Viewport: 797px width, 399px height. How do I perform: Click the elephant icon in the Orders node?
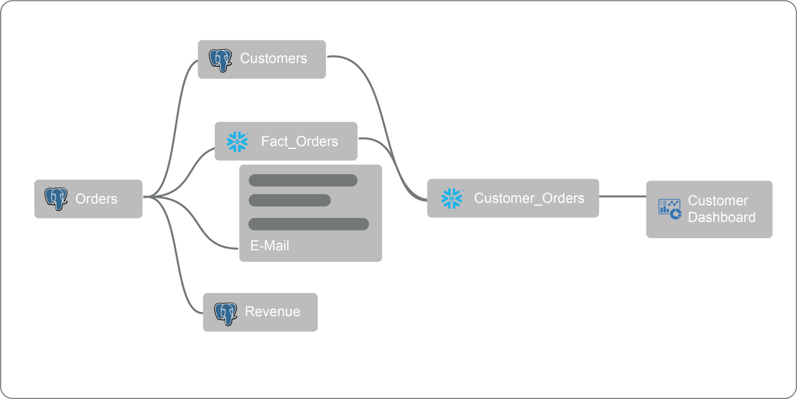coord(56,199)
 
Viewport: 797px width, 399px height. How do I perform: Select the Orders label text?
coord(96,199)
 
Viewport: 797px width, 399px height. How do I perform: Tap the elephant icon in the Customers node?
coord(220,60)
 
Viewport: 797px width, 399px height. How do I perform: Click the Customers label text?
coord(273,58)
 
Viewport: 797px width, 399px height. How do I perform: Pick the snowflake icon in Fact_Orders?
coord(237,142)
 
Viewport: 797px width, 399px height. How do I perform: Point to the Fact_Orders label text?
coord(299,142)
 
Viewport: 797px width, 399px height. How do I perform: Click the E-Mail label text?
coord(269,246)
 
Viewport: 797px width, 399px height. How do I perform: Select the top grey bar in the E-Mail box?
coord(303,180)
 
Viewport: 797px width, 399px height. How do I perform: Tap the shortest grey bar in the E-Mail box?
coord(290,200)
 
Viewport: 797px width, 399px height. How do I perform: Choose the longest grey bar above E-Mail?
coord(308,224)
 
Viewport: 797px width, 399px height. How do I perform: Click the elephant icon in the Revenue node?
coord(226,313)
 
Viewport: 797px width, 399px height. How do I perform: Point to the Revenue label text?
coord(272,311)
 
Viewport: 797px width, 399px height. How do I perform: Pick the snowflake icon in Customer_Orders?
coord(452,198)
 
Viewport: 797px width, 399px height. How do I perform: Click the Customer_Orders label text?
coord(529,198)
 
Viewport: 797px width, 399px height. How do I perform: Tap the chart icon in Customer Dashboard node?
coord(669,209)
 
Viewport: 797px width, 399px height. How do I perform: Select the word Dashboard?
coord(722,217)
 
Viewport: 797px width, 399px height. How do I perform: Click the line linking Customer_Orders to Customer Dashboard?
coord(623,197)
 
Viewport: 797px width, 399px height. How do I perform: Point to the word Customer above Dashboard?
coord(718,201)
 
